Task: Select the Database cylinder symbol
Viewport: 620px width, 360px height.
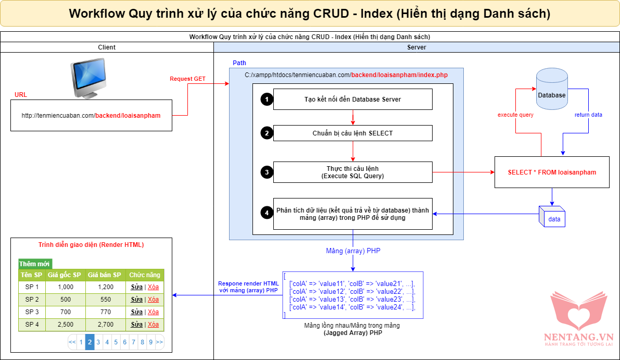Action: pyautogui.click(x=551, y=91)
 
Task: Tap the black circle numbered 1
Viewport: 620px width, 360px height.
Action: pyautogui.click(x=267, y=100)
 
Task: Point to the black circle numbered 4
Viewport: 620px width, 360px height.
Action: pyautogui.click(x=267, y=213)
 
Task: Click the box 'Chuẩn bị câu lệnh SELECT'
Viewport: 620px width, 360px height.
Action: pyautogui.click(x=352, y=133)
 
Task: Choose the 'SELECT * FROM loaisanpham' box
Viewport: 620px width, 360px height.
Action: pyautogui.click(x=552, y=172)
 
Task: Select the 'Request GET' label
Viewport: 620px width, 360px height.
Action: pyautogui.click(x=187, y=79)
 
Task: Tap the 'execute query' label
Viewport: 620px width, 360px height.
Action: pyautogui.click(x=515, y=115)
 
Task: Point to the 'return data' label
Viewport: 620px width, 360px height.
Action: pyautogui.click(x=588, y=115)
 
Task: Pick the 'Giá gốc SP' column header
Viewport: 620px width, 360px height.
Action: pyautogui.click(x=65, y=275)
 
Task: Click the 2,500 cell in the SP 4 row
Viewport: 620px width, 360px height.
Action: pyautogui.click(x=66, y=325)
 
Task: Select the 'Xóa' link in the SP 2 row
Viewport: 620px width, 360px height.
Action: pyautogui.click(x=153, y=300)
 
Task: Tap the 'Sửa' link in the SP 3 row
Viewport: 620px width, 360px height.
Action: pyautogui.click(x=136, y=312)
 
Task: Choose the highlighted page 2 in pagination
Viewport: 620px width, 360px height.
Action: pyautogui.click(x=90, y=342)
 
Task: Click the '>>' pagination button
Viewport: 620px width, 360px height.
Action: pyautogui.click(x=159, y=342)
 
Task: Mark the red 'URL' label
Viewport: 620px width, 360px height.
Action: pyautogui.click(x=21, y=95)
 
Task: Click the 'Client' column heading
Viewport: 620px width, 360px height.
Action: pyautogui.click(x=107, y=47)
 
